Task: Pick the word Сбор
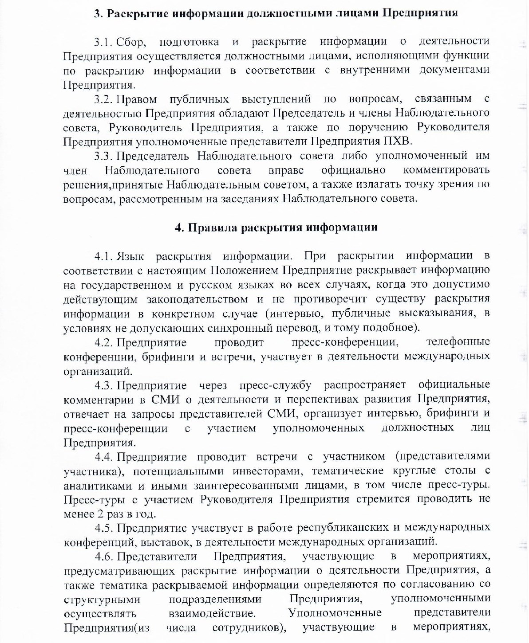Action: tap(130, 42)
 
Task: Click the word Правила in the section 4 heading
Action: tap(212, 227)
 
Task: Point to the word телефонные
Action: tap(458, 342)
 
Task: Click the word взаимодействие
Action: tap(212, 613)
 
